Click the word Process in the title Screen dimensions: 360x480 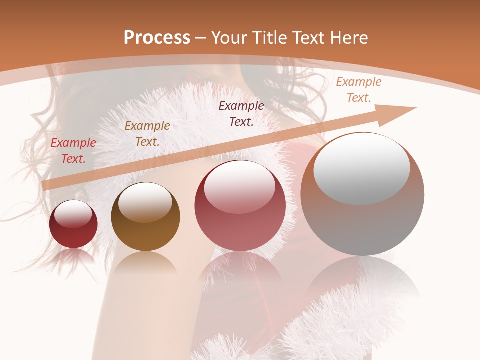(x=157, y=38)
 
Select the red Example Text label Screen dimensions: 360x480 (x=73, y=150)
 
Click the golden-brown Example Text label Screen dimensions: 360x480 (x=147, y=133)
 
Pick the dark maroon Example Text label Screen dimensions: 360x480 (x=241, y=113)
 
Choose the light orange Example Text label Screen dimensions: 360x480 (x=359, y=90)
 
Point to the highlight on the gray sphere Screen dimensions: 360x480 (x=361, y=169)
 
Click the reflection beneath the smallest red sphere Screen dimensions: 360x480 (x=73, y=256)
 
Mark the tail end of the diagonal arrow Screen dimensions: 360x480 (x=47, y=185)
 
